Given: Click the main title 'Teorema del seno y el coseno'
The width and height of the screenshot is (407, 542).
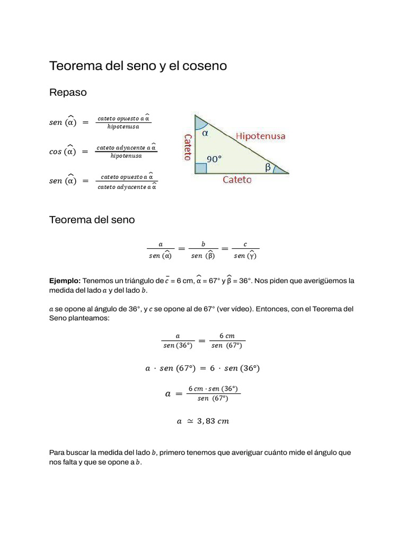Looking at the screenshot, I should tap(138, 66).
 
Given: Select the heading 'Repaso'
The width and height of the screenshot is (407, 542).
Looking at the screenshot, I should tap(68, 93).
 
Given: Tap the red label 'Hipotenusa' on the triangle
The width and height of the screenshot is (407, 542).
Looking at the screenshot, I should tap(260, 136).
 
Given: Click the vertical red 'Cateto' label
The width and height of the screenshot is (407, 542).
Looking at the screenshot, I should tap(187, 147).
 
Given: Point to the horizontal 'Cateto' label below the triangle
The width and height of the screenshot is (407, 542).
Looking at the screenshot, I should tap(237, 180).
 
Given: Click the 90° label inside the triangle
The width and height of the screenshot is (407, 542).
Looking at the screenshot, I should tap(214, 158).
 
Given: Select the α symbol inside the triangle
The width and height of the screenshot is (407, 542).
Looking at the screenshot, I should tap(205, 133).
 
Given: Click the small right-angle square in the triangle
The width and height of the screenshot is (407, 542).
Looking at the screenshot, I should tap(200, 169).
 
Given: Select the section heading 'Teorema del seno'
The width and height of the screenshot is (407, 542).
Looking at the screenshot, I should tap(92, 220).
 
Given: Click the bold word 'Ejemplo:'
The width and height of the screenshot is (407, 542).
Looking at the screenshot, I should tap(65, 281).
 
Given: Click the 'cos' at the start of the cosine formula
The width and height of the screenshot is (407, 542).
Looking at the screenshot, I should tap(55, 152).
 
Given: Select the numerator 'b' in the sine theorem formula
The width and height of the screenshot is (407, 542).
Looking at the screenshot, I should tap(203, 244).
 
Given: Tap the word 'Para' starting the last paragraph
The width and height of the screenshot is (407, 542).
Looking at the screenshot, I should tap(57, 453).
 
